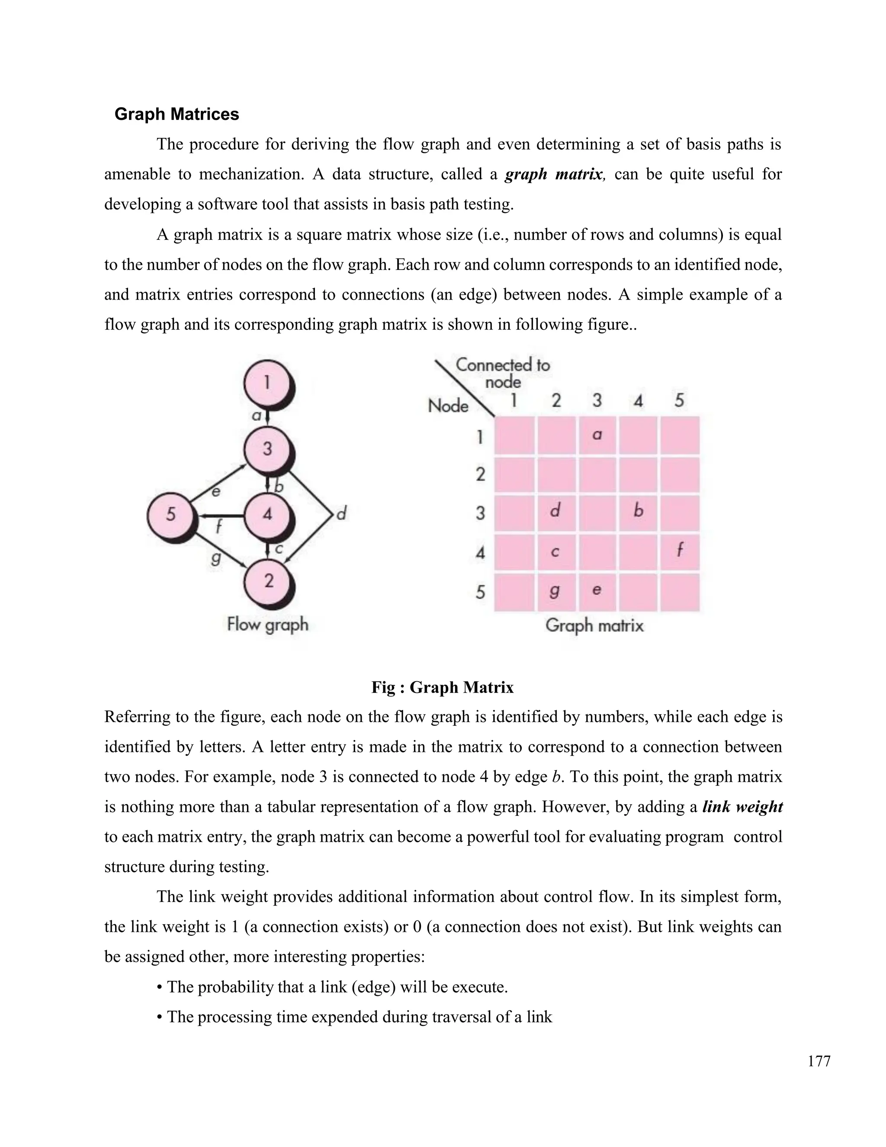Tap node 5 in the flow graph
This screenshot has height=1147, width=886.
[x=170, y=514]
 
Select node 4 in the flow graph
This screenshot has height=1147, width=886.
[x=267, y=514]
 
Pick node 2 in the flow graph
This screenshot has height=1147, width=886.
[x=268, y=581]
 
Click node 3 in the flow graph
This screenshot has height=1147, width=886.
[x=267, y=449]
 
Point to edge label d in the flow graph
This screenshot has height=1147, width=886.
[x=342, y=512]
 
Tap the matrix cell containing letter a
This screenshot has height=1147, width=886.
[x=597, y=435]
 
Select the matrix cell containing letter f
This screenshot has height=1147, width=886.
[x=680, y=551]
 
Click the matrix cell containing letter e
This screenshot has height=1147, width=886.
[x=597, y=591]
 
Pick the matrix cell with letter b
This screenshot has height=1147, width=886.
[x=638, y=512]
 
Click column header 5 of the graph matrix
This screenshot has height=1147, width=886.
[x=679, y=401]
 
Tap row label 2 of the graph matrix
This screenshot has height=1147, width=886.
[x=480, y=474]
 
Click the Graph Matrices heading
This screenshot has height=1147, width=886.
[x=177, y=114]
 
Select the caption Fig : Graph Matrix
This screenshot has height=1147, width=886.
[x=442, y=687]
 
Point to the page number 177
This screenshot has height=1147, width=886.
[x=819, y=1061]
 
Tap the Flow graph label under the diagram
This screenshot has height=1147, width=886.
[x=268, y=625]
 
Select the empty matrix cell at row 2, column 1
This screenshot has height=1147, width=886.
[x=514, y=474]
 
